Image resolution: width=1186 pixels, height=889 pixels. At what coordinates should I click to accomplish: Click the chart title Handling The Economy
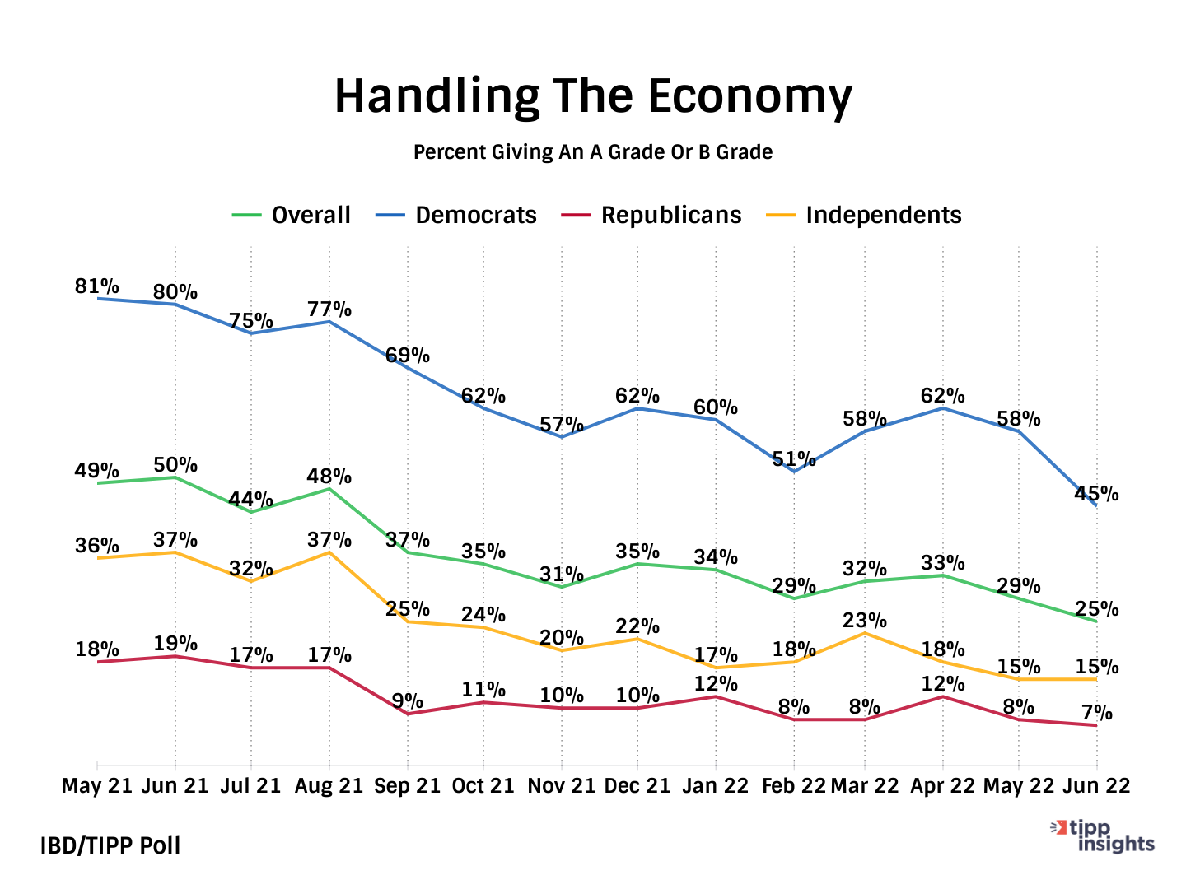click(x=593, y=96)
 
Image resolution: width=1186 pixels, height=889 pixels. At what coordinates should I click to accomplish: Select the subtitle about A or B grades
click(x=593, y=152)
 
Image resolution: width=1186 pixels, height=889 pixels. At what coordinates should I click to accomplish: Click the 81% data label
click(x=97, y=286)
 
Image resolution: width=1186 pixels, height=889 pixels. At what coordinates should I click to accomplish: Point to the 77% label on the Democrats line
click(x=329, y=310)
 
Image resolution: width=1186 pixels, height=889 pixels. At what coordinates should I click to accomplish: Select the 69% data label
click(x=408, y=356)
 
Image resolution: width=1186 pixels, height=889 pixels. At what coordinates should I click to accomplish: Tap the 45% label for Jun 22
click(x=1096, y=494)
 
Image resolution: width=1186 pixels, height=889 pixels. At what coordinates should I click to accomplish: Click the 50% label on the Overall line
click(x=175, y=465)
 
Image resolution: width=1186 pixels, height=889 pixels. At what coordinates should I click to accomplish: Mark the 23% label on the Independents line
click(x=864, y=620)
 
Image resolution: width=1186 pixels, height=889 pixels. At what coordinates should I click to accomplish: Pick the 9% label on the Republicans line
click(x=407, y=701)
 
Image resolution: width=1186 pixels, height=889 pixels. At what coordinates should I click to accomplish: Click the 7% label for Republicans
click(x=1097, y=713)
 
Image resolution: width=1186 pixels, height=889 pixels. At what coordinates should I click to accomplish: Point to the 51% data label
click(x=794, y=459)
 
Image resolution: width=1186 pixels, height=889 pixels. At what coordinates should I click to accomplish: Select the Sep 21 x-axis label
click(x=407, y=786)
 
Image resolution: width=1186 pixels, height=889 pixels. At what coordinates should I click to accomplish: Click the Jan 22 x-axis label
click(x=715, y=786)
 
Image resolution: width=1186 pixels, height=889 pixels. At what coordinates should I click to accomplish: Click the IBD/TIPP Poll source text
click(x=110, y=845)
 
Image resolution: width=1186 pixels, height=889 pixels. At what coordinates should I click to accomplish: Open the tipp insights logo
click(x=1104, y=836)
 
